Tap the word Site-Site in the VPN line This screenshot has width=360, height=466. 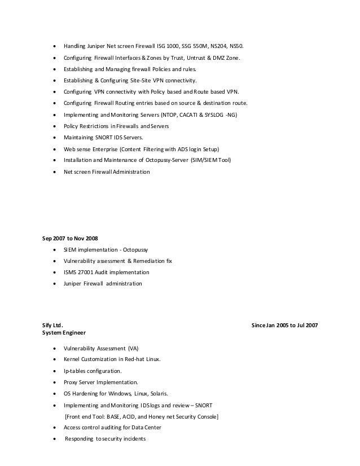(x=139, y=80)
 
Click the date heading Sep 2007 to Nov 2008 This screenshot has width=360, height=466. (x=66, y=238)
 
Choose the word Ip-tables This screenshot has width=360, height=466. (x=76, y=371)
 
